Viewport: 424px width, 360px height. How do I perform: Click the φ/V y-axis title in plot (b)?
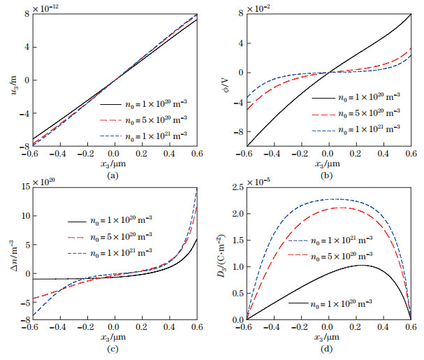point(224,77)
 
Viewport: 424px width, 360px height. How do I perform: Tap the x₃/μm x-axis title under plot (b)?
point(328,166)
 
